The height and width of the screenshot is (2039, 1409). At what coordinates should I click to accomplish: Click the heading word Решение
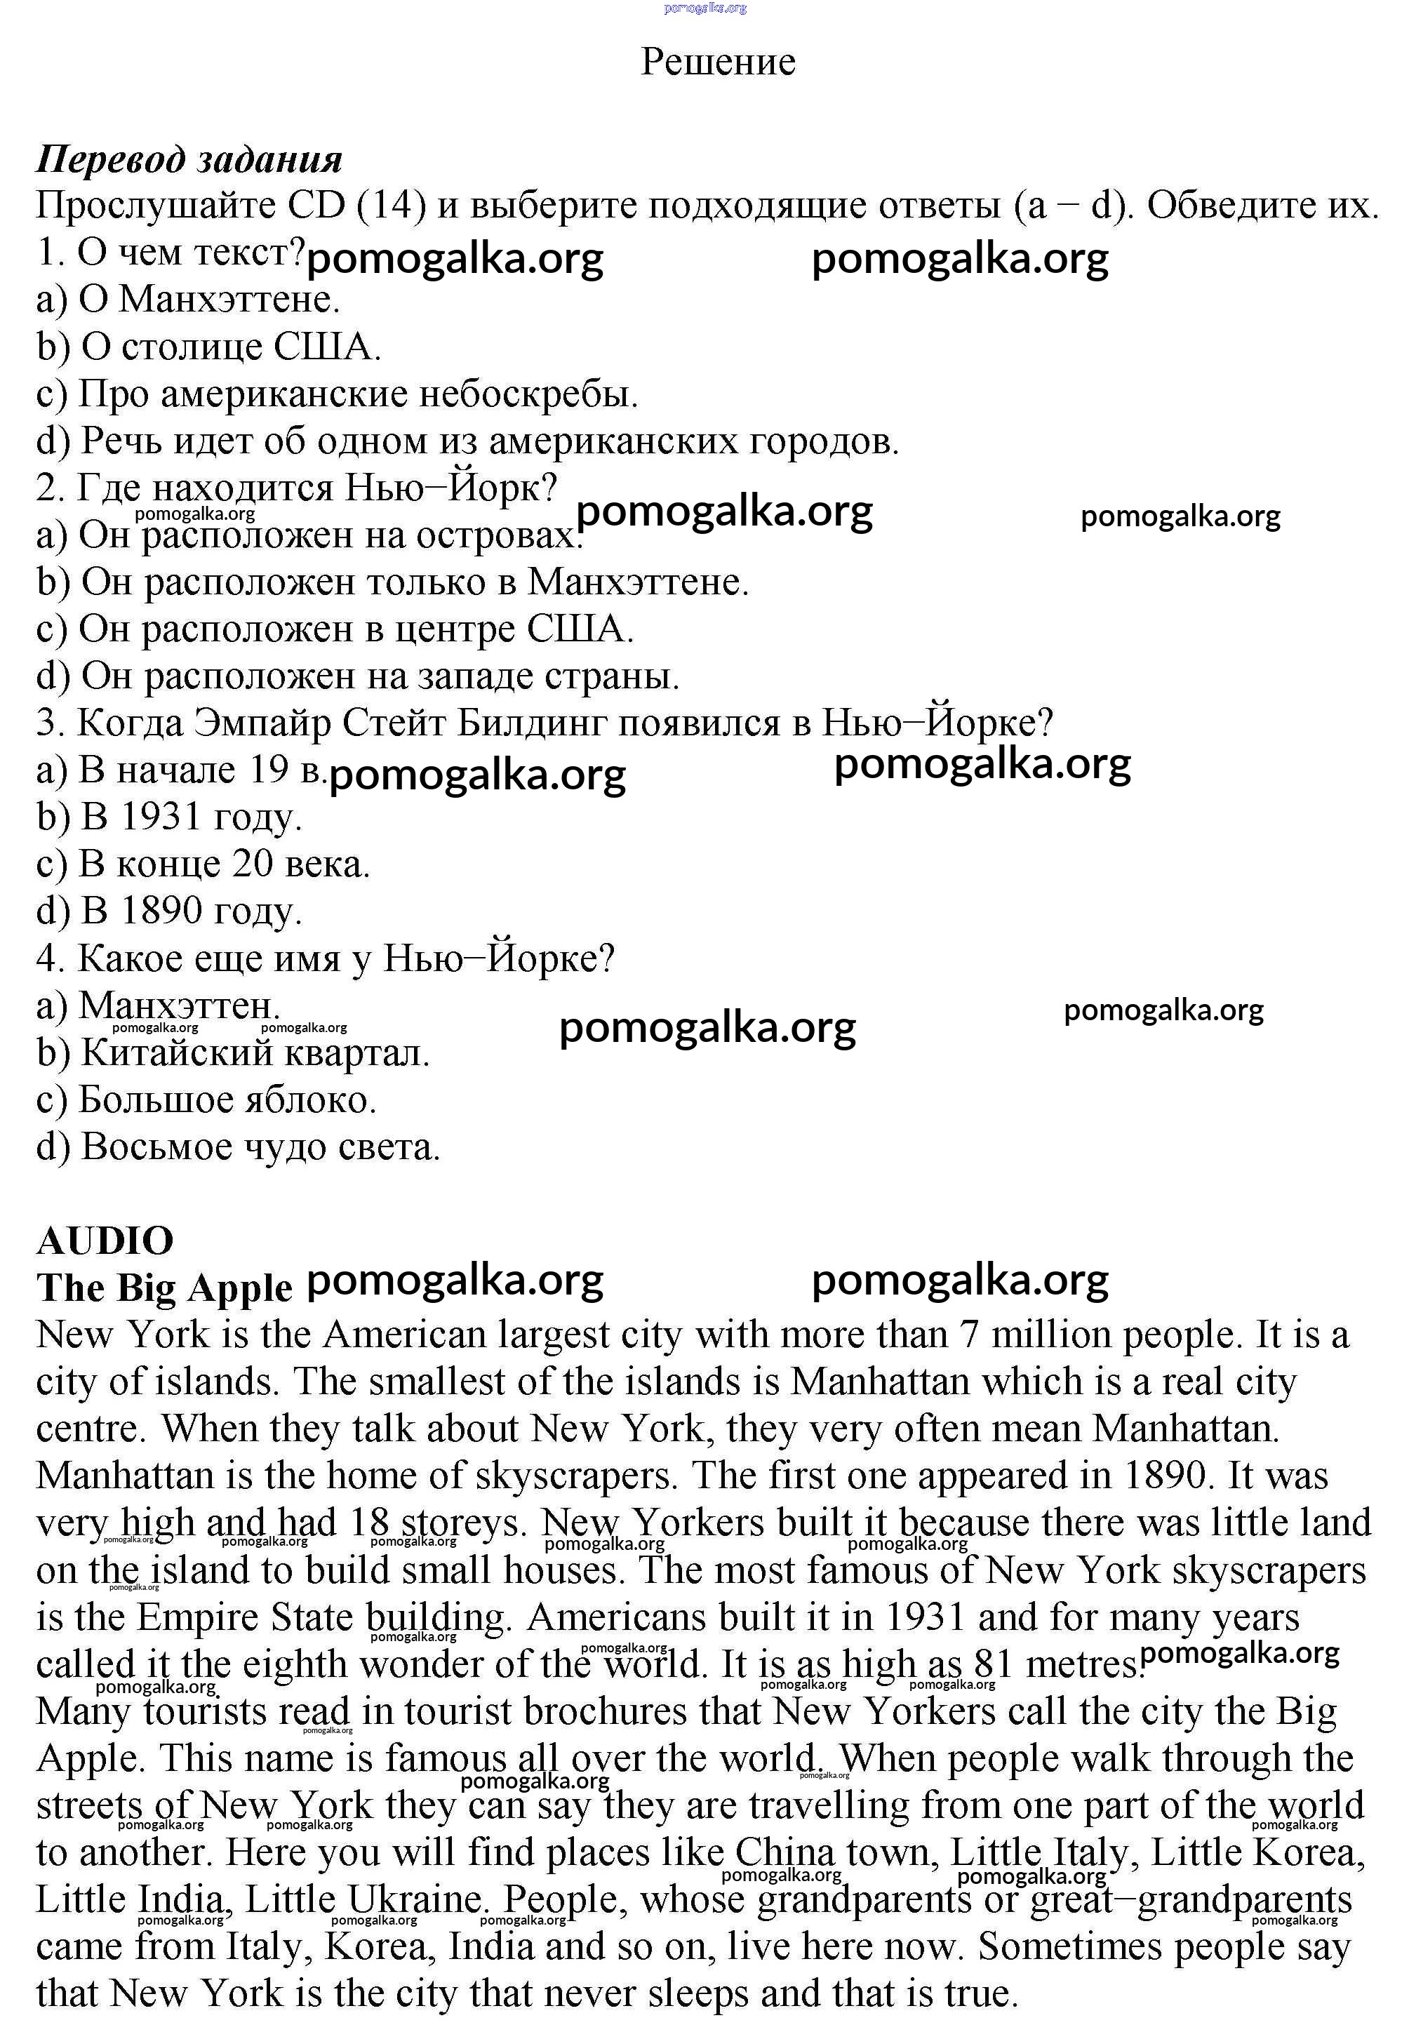point(718,62)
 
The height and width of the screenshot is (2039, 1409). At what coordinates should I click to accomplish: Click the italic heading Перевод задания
point(189,160)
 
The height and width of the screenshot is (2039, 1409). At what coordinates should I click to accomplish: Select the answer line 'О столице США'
point(209,347)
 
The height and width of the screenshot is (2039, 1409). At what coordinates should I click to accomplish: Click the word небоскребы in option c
point(527,394)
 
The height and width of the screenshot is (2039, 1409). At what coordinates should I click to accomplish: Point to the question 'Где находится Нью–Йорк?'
point(297,488)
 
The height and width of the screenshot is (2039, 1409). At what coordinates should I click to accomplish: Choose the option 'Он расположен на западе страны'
point(359,676)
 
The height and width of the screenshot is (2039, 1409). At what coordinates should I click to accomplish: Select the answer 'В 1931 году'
point(170,817)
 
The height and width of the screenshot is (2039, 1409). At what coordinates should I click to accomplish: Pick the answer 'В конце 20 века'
point(203,864)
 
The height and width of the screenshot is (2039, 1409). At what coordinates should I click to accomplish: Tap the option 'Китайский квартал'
point(233,1053)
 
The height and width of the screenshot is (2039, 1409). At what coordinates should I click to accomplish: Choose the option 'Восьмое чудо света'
point(239,1147)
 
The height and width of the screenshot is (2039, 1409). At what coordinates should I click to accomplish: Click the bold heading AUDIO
point(105,1242)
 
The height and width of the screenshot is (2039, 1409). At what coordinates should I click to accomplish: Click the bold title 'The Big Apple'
point(164,1289)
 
